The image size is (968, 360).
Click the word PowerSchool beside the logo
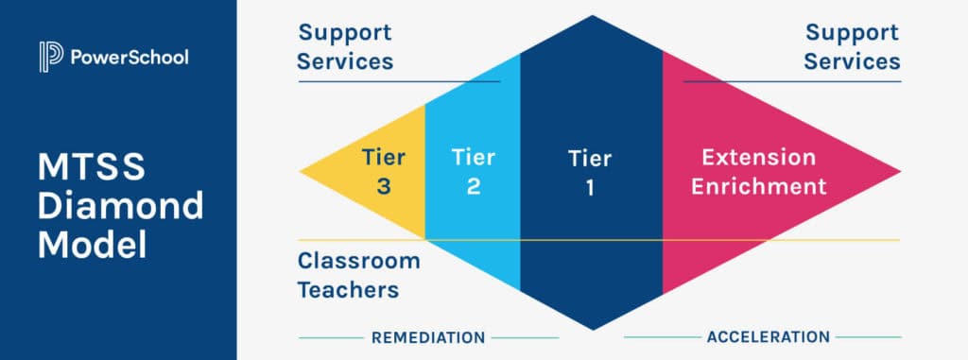tap(130, 58)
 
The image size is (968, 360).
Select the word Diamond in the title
tap(120, 206)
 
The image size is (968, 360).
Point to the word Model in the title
tap(92, 244)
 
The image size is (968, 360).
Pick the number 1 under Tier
tap(590, 188)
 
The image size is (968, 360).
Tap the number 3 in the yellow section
tap(384, 187)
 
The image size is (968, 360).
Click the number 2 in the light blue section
tap(473, 187)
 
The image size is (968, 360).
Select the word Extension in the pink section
tap(758, 157)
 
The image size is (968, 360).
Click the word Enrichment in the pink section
tap(758, 186)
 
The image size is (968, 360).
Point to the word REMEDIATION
tap(428, 337)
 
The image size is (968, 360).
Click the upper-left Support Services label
tap(346, 47)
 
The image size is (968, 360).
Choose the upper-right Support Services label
tap(853, 47)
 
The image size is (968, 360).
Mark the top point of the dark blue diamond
tap(592, 16)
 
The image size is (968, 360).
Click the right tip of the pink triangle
tap(898, 172)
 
